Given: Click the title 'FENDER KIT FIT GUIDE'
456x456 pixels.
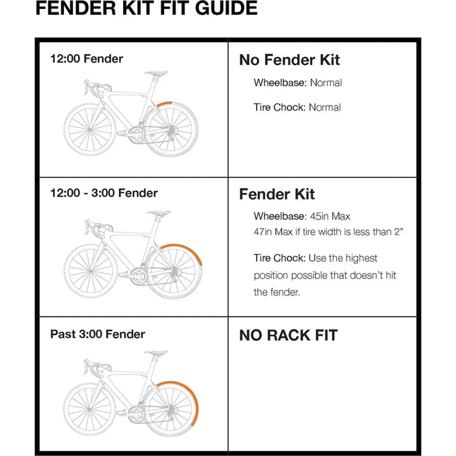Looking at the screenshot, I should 146,9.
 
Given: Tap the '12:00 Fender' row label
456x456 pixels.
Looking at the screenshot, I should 87,59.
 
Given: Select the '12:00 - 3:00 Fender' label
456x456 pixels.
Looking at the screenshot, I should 104,193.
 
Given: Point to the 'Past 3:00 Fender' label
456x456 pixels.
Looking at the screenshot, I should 98,334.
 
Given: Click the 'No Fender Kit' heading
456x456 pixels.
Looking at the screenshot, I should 289,60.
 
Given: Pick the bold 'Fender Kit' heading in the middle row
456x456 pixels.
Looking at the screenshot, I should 277,194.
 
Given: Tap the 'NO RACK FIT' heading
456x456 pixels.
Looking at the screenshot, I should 289,335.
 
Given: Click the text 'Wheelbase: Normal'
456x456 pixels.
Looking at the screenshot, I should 298,83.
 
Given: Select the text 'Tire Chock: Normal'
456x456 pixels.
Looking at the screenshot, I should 297,107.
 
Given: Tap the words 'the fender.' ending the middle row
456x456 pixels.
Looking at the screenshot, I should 277,292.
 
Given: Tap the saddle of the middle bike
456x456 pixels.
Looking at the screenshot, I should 158,213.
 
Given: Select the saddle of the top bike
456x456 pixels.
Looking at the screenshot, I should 156,73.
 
